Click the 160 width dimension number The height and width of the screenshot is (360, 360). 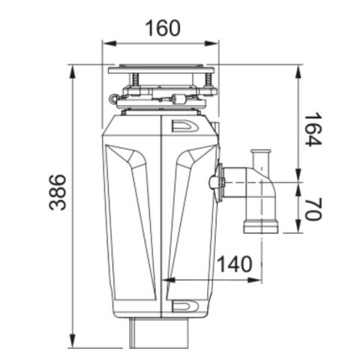(162, 29)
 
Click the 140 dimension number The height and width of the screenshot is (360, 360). (235, 263)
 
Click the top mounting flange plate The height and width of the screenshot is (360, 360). (160, 70)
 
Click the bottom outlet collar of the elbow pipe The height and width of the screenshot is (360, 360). (259, 225)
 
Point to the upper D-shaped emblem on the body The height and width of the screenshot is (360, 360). (182, 127)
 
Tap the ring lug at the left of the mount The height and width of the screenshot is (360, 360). (112, 97)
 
